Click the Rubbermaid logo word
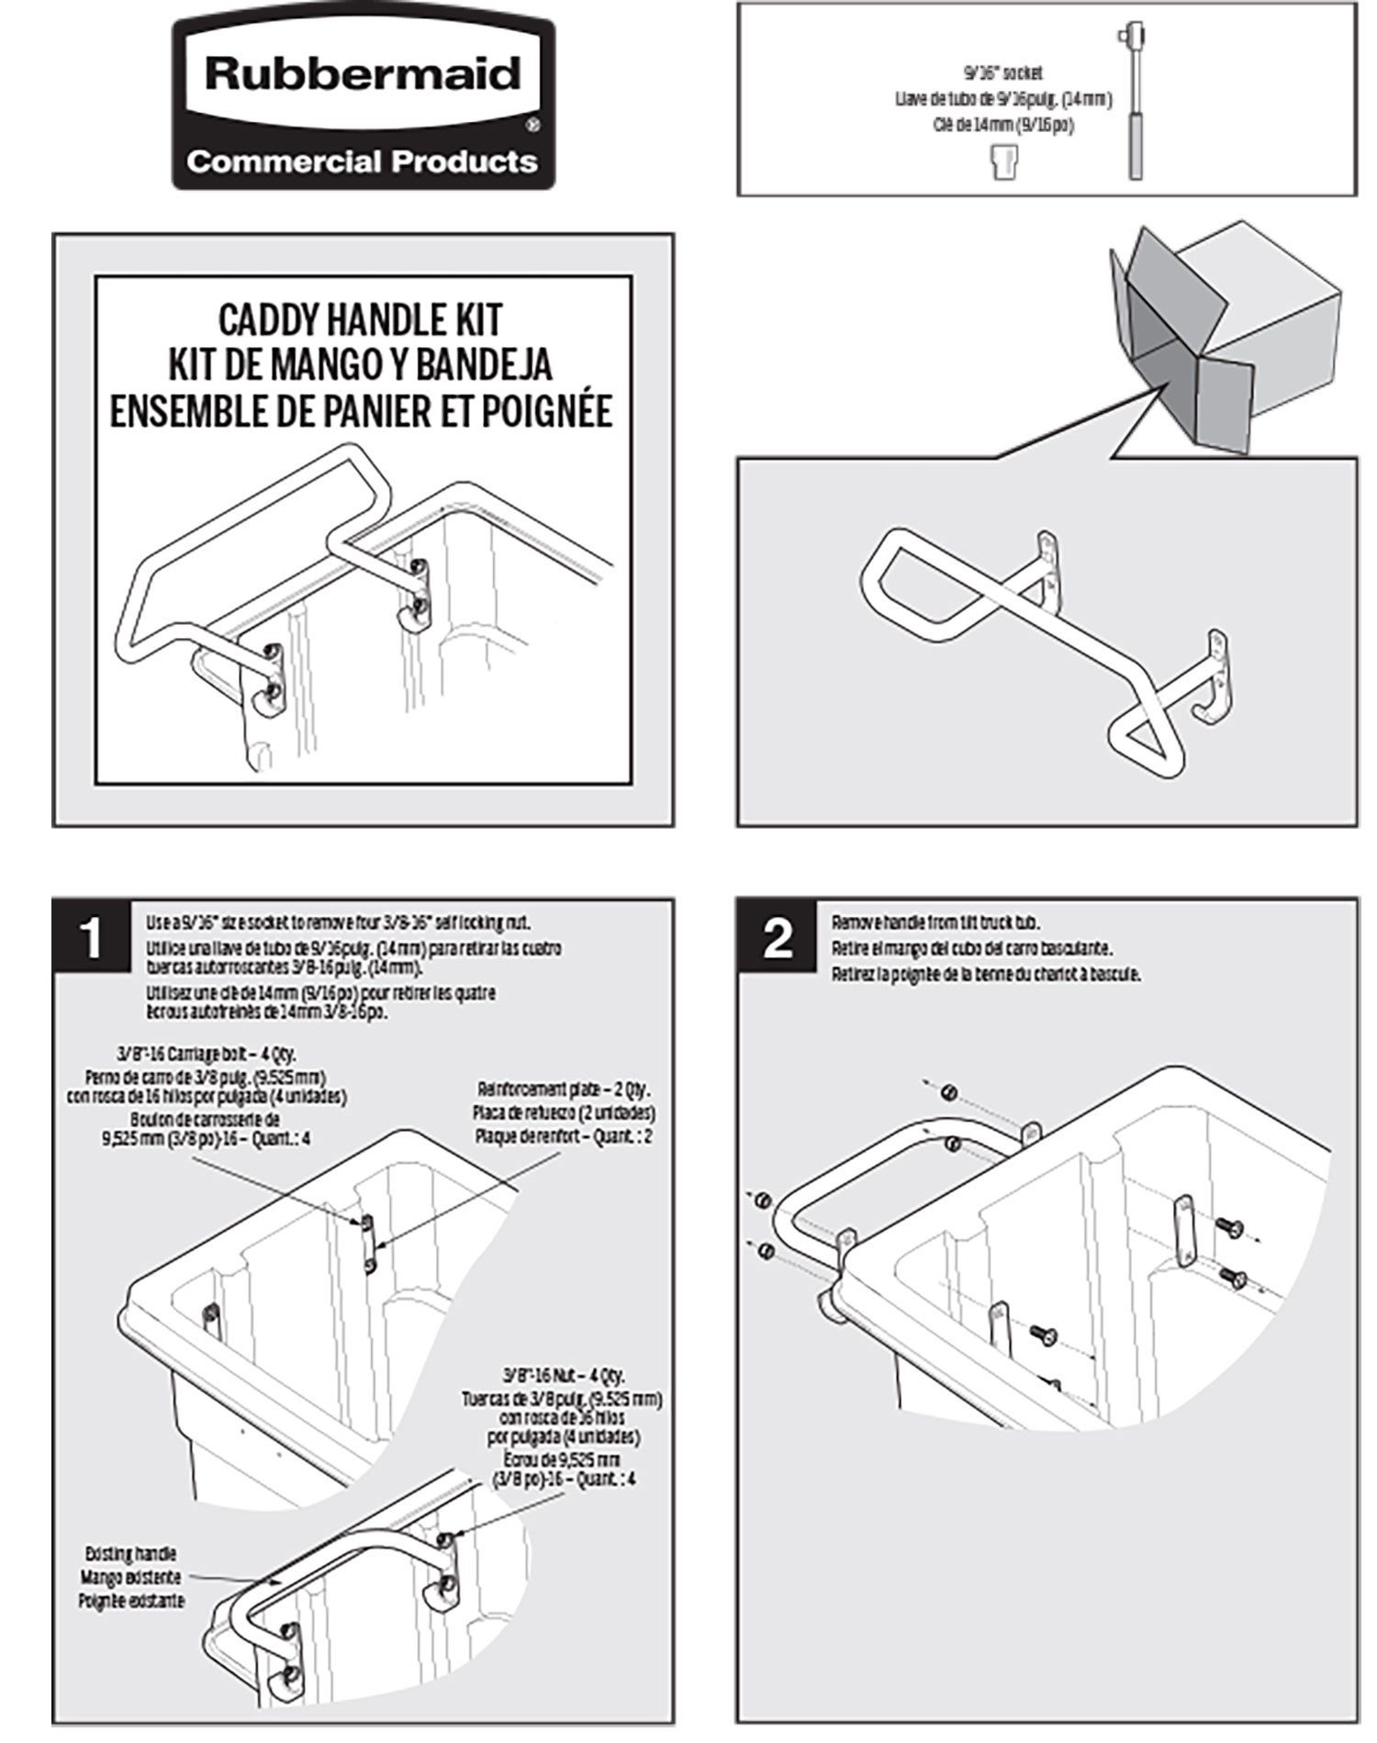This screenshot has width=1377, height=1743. coord(363,74)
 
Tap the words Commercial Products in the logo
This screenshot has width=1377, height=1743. coord(363,162)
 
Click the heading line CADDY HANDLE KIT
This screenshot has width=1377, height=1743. coord(361,320)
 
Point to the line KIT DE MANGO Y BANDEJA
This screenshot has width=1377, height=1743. coord(361,364)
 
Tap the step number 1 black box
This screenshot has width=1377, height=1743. coord(91,939)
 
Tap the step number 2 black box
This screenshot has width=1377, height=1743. coord(777,939)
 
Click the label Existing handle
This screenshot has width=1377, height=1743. coord(131,1554)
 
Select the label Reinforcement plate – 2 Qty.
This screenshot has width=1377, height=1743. coord(564,1089)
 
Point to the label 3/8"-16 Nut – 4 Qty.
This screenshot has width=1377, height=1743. coord(564,1376)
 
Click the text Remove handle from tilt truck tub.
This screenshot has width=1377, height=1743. coord(935,922)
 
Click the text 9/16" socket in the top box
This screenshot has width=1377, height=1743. coord(1008,73)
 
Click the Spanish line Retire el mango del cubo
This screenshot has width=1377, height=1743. coord(972,948)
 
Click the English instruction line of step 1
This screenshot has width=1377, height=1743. coord(338,922)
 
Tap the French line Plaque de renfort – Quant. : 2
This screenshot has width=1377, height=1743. coord(564,1136)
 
